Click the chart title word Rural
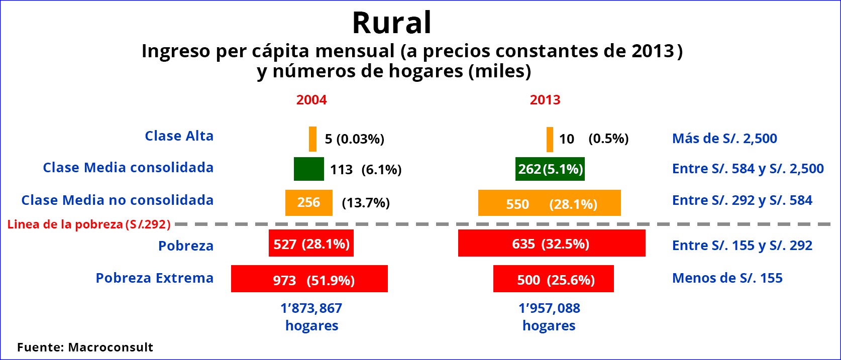coord(392,23)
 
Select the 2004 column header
coord(311,100)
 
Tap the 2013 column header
coord(545,100)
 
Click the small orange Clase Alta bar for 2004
coord(313,139)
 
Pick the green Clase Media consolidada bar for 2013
coord(550,169)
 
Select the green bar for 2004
coord(308,169)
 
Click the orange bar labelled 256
coord(308,203)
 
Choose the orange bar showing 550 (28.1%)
coord(549,203)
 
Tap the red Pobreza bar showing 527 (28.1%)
coord(311,243)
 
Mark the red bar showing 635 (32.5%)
coord(552,243)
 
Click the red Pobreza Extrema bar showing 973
coord(309,279)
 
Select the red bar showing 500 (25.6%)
coord(554,279)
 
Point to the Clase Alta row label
coord(179,136)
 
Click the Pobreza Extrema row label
coord(155,278)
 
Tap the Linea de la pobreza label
coord(89,224)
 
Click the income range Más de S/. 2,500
coord(724,139)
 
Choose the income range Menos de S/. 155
coord(727,278)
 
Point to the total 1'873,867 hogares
coord(311,317)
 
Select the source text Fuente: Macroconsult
coord(85,347)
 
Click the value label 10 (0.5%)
coord(594,139)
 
